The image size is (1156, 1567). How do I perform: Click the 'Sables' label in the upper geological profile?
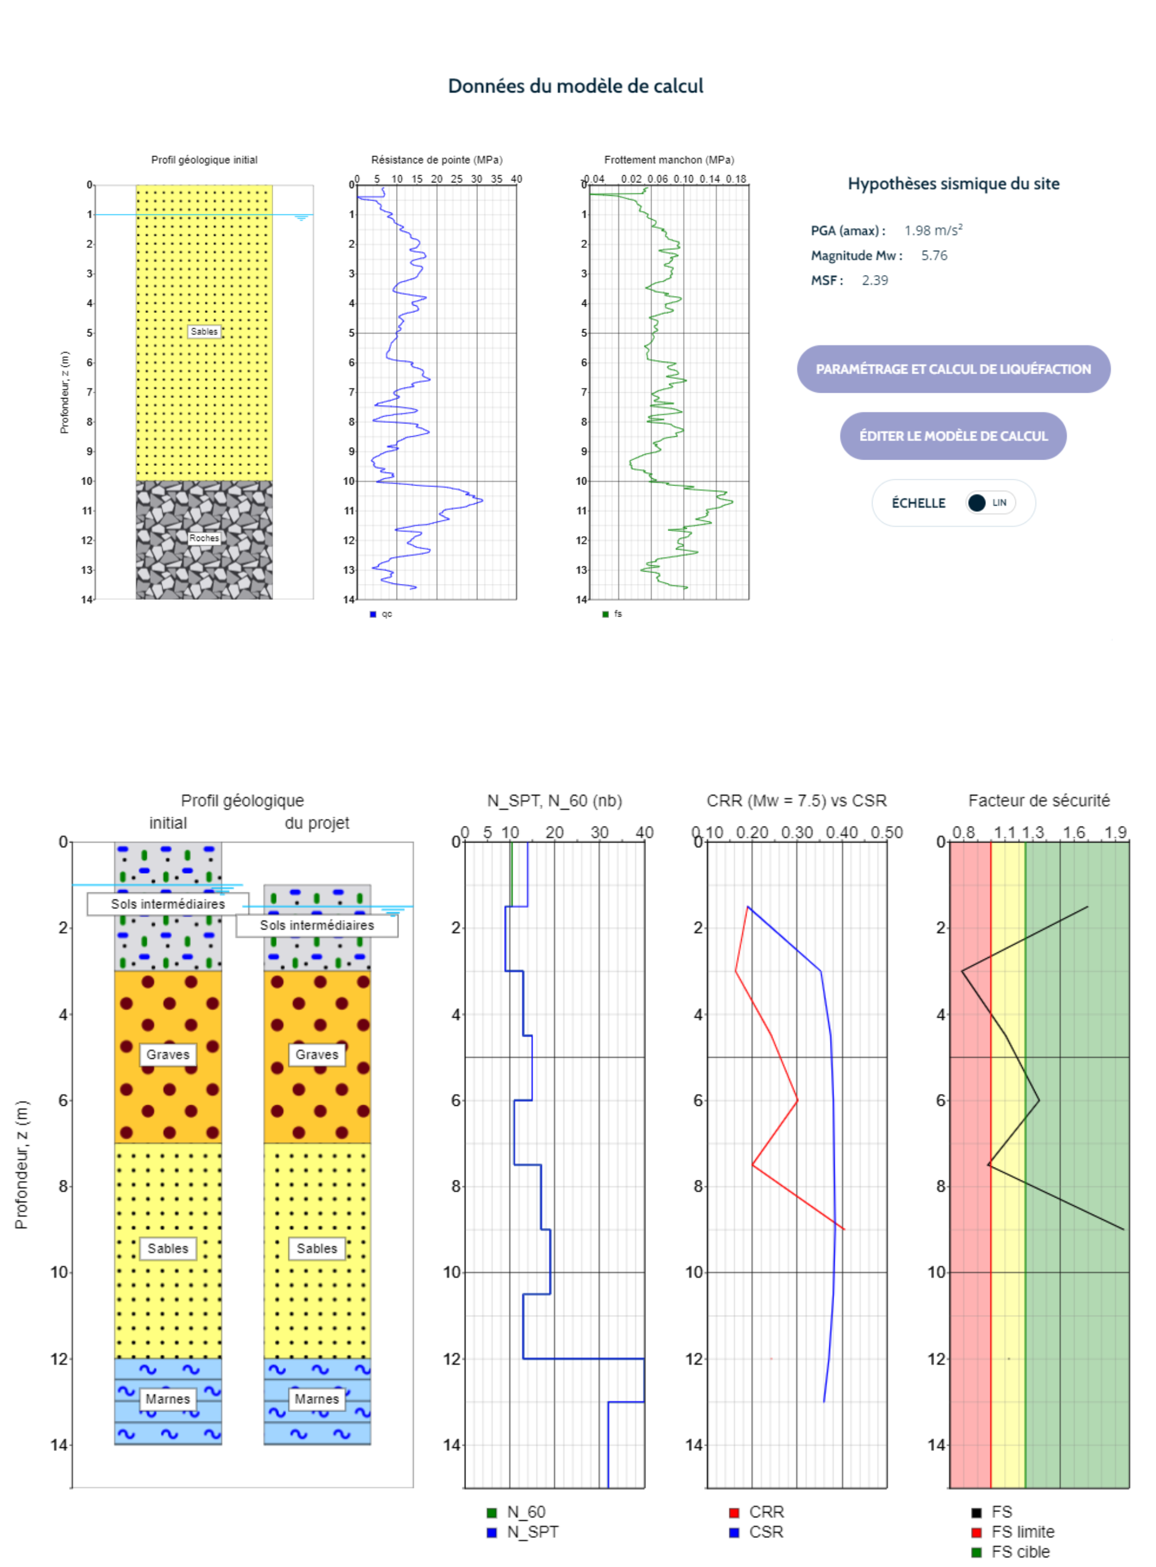pos(204,332)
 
